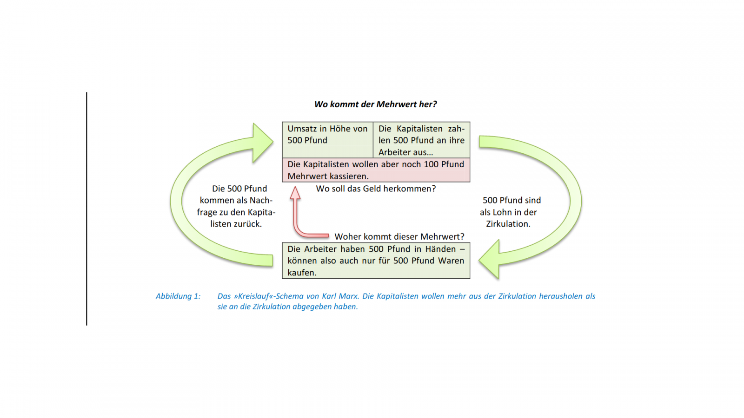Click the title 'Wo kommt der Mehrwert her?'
click(375, 104)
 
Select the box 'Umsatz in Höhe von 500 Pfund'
click(327, 140)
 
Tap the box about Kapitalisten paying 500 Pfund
click(421, 140)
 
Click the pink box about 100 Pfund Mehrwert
click(376, 170)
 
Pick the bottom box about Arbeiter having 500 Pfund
click(376, 261)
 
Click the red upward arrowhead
click(295, 193)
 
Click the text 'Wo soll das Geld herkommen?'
click(376, 189)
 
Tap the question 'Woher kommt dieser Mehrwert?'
click(399, 236)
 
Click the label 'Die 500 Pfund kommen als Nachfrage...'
click(236, 206)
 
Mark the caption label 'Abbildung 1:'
click(178, 296)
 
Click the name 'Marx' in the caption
click(348, 296)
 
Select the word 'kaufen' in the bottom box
click(302, 273)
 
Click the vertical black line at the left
click(86, 209)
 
